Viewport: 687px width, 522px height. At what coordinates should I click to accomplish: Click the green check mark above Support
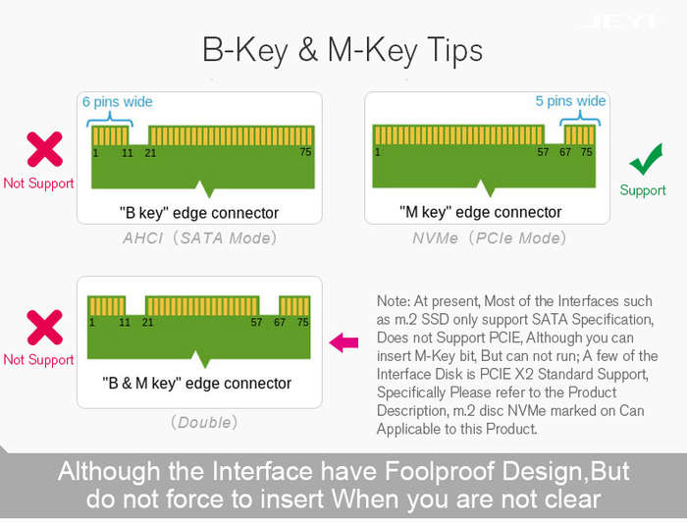click(646, 161)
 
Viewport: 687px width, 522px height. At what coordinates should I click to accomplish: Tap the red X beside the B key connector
click(45, 149)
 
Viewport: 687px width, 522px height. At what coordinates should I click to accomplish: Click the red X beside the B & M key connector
click(45, 328)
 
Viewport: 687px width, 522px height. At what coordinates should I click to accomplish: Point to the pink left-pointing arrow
click(343, 342)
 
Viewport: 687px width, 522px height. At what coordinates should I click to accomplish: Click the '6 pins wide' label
click(118, 102)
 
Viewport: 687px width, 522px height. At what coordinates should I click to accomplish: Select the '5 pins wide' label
click(570, 101)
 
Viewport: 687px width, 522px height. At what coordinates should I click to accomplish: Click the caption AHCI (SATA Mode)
click(200, 237)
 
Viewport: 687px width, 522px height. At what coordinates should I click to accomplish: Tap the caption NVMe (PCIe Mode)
click(490, 237)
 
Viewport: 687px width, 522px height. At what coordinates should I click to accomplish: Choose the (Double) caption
click(204, 422)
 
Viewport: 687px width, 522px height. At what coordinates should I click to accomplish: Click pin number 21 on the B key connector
click(150, 153)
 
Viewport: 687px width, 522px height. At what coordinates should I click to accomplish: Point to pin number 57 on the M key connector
click(543, 152)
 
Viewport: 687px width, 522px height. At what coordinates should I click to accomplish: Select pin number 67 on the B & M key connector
click(280, 322)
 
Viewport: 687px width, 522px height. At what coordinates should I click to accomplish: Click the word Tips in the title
click(454, 49)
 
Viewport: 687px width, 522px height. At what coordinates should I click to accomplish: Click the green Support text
click(643, 190)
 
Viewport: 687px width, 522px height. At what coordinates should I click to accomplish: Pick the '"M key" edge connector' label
click(480, 212)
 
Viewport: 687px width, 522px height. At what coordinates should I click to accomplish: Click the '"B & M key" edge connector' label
click(196, 383)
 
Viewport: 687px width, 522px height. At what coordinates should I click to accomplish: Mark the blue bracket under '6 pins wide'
click(110, 120)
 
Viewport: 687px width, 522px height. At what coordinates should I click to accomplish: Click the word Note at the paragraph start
click(392, 301)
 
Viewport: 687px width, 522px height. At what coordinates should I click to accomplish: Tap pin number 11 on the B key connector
click(128, 153)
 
